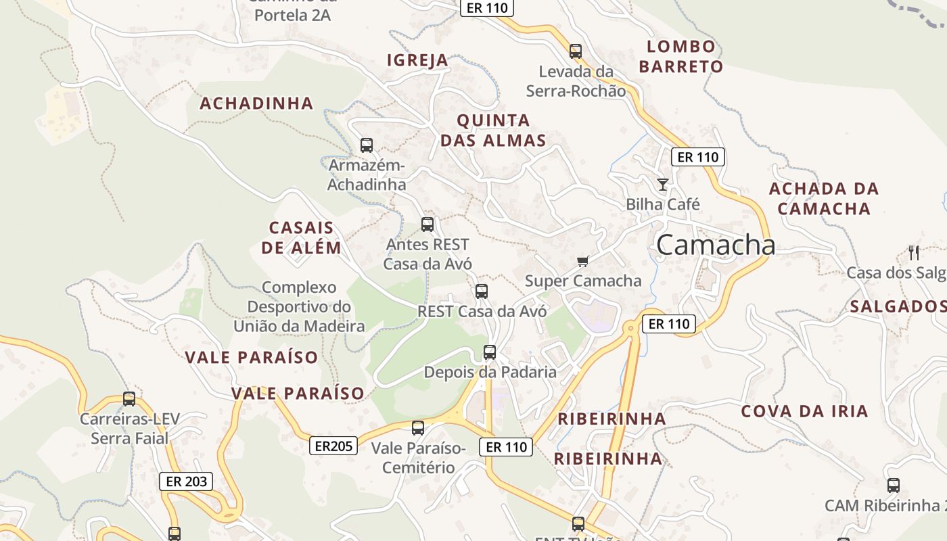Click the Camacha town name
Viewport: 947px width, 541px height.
[x=715, y=245]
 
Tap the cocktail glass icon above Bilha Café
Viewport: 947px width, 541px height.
[x=663, y=184]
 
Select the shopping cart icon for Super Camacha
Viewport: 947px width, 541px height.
[x=582, y=261]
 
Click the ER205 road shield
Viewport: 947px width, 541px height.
[x=334, y=446]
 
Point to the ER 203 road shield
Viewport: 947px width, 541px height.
[x=186, y=481]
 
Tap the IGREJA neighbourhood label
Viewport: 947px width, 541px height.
[x=417, y=60]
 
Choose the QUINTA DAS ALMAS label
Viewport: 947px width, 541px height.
[x=493, y=131]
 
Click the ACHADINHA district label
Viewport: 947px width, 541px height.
[x=256, y=103]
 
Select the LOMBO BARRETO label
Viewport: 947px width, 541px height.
[x=681, y=57]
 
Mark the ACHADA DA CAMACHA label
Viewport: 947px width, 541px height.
[x=823, y=198]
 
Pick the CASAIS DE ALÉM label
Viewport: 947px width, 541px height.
[x=301, y=237]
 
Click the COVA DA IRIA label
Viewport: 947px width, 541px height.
[x=804, y=411]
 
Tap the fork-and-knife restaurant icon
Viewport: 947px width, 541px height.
[x=914, y=253]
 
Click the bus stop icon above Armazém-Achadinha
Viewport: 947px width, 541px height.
[x=367, y=145]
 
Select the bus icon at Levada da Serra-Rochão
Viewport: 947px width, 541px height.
[x=576, y=51]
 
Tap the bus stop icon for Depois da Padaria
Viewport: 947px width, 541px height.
[x=490, y=352]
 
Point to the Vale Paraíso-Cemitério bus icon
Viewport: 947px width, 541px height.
[x=418, y=427]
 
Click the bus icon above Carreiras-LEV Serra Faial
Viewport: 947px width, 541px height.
[x=129, y=399]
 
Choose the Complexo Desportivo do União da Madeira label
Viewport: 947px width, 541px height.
[x=299, y=307]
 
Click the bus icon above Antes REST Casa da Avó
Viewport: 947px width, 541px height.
[x=428, y=224]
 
